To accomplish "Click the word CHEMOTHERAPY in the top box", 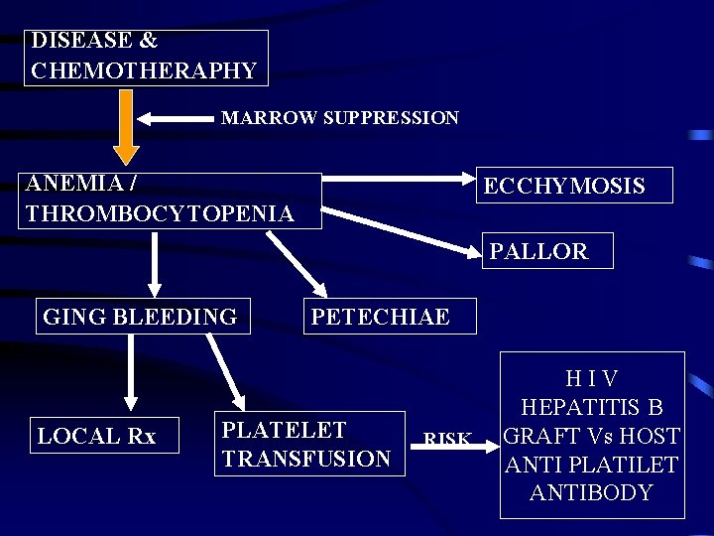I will click(x=144, y=71).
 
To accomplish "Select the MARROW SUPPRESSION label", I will click(x=339, y=118).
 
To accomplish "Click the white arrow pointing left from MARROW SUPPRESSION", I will click(x=175, y=119).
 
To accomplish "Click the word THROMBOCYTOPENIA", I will click(x=160, y=213).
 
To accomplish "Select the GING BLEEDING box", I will click(x=140, y=317).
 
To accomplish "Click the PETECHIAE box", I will click(x=380, y=317).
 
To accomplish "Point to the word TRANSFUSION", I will click(x=306, y=459).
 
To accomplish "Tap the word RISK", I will click(x=447, y=439).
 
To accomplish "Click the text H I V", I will click(x=592, y=379).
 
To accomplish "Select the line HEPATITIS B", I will click(x=592, y=408).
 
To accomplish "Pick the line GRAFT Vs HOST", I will click(x=592, y=436).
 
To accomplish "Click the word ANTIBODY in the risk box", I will click(x=592, y=492).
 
